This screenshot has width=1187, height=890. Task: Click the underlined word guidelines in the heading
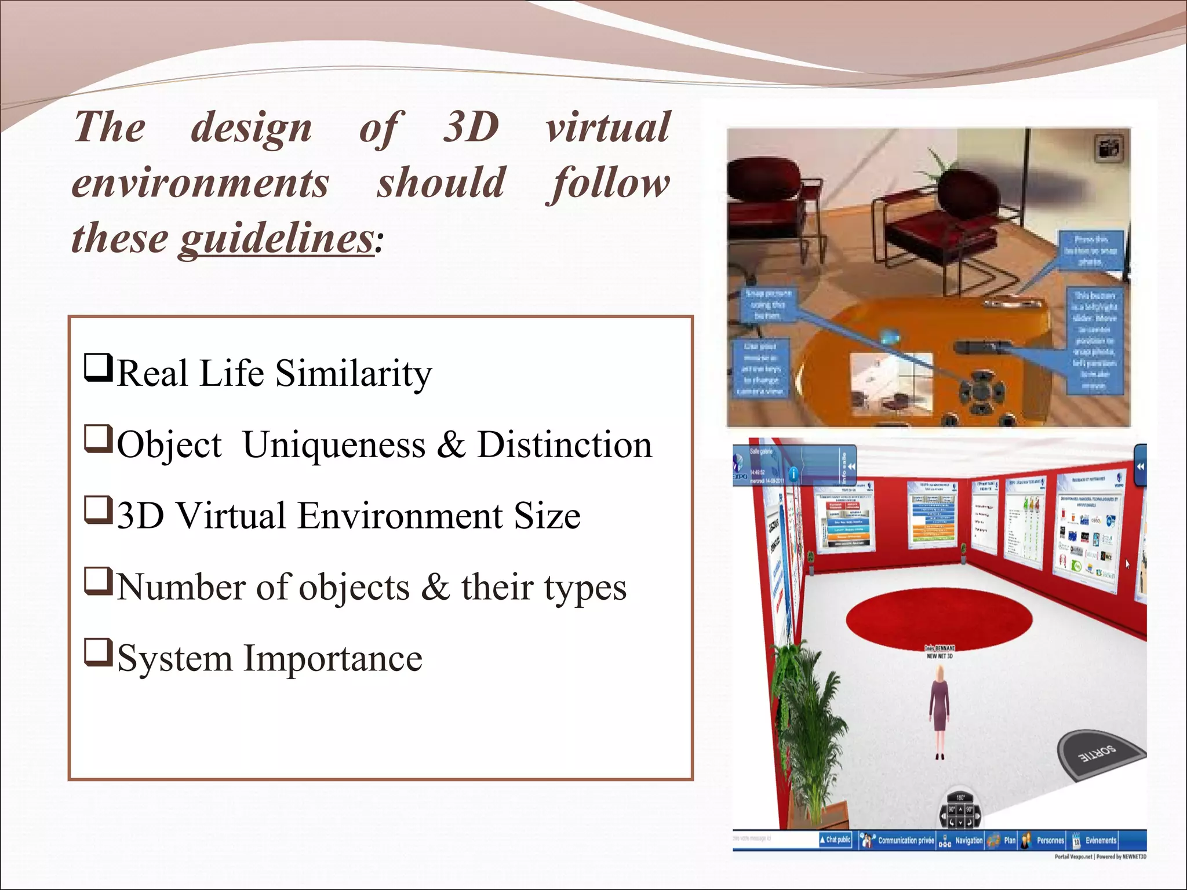click(276, 239)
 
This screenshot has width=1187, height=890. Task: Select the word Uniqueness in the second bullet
click(334, 445)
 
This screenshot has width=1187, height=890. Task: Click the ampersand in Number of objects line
click(435, 586)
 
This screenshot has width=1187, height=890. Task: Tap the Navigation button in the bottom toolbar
click(962, 840)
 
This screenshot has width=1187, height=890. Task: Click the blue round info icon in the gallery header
click(793, 473)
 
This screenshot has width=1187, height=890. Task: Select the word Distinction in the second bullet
click(564, 445)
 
